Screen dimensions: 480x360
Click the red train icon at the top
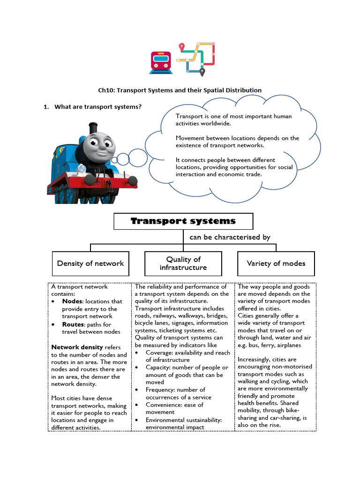(160, 62)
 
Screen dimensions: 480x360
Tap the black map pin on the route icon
(202, 72)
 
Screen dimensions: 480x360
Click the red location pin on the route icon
(182, 47)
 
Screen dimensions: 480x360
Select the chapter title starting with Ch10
(180, 90)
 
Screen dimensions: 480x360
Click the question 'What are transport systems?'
(97, 107)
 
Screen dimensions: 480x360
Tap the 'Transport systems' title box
(183, 221)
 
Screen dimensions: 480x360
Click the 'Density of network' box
(90, 263)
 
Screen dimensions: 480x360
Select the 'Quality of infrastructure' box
(183, 263)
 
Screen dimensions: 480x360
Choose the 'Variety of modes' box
(276, 263)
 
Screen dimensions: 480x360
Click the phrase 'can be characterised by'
(230, 237)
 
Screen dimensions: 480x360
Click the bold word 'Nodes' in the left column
(73, 301)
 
